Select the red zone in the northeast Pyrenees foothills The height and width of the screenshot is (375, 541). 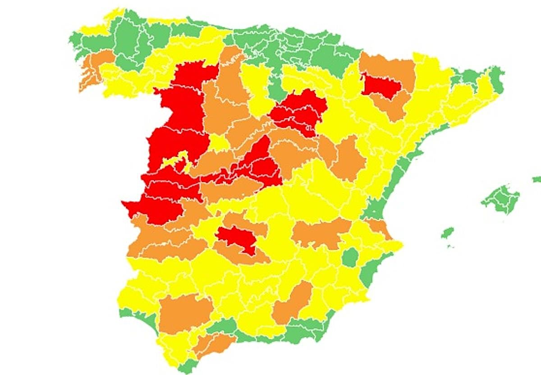[x=381, y=86]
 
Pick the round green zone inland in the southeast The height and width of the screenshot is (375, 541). [x=350, y=258]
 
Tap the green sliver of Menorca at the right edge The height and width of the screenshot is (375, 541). [x=536, y=179]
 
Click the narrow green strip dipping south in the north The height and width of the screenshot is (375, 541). [x=275, y=88]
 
